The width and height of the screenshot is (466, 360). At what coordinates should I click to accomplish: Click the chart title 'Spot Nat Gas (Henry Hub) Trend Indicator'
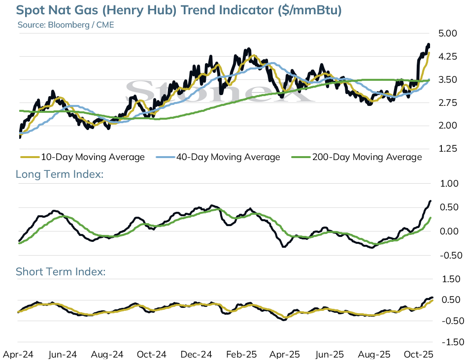tap(145, 10)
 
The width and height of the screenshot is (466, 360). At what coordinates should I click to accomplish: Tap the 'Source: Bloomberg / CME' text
tap(66, 25)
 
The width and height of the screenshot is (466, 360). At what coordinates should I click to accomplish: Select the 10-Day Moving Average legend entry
tap(82, 157)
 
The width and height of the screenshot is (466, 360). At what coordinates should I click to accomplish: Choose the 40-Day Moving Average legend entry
tap(218, 157)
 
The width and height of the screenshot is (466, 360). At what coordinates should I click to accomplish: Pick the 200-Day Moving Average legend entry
tap(357, 157)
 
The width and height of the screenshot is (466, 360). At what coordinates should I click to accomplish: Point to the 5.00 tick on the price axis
tap(448, 33)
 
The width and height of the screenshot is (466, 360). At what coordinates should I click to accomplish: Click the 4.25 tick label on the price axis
tap(448, 57)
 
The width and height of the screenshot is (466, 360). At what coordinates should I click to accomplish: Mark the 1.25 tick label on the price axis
tap(448, 149)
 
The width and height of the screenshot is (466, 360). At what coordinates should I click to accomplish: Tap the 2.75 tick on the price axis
tap(448, 103)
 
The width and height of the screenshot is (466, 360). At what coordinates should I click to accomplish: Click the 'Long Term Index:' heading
tap(60, 174)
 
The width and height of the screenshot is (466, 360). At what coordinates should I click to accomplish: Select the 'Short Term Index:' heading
tap(61, 271)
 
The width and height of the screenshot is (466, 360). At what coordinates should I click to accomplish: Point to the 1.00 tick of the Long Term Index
tap(449, 184)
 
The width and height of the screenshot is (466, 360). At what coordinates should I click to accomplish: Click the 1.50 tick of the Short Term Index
tap(451, 279)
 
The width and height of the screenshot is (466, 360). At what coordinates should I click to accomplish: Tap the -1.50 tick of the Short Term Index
tap(453, 342)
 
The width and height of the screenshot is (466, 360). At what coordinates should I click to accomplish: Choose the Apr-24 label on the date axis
tap(18, 355)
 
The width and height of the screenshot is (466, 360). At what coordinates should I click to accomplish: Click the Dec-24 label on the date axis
tap(197, 355)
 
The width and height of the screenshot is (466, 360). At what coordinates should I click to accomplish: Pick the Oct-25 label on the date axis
tap(418, 355)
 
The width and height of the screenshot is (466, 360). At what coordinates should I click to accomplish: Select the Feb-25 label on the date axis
tap(241, 355)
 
